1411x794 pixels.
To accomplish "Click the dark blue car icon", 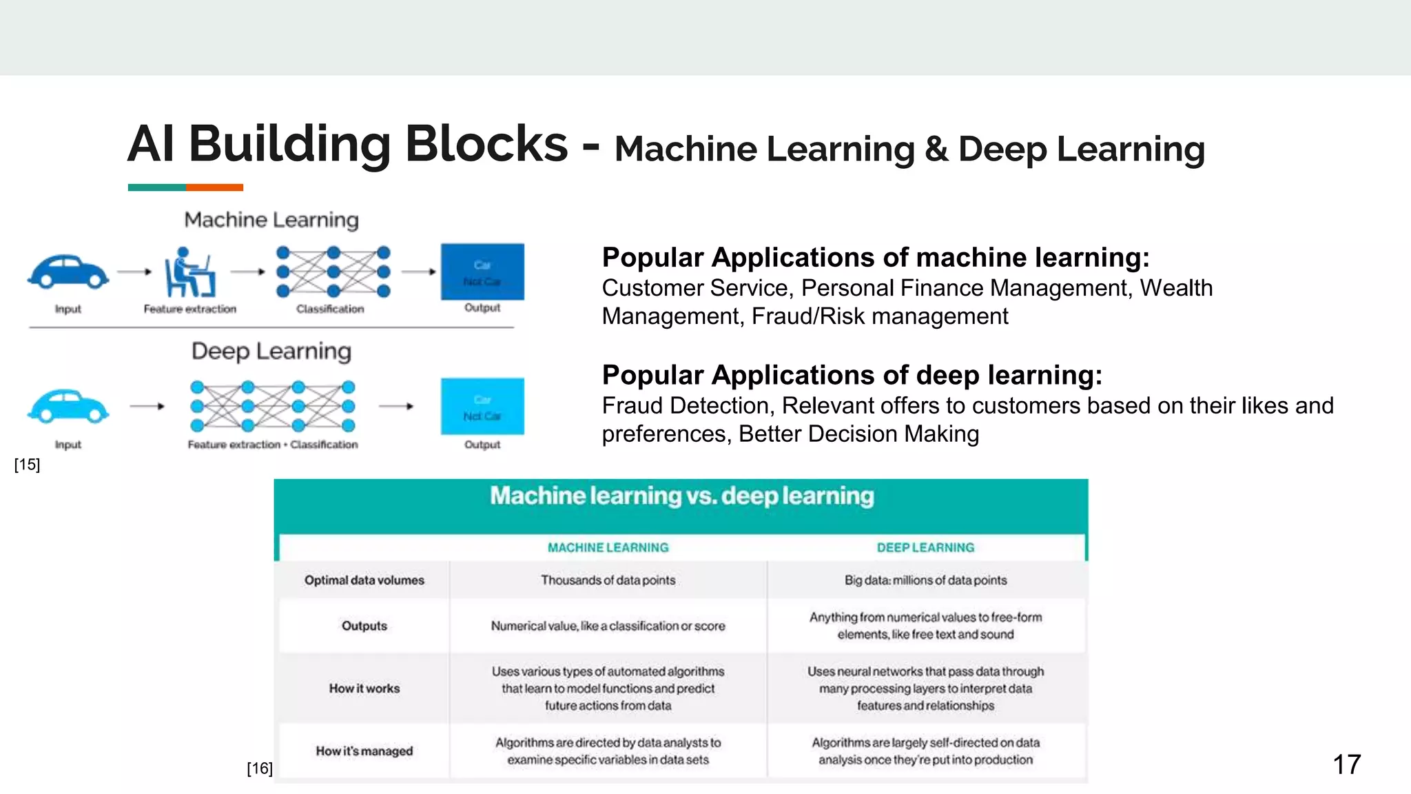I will click(x=68, y=272).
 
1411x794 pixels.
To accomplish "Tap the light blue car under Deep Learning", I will click(x=68, y=406).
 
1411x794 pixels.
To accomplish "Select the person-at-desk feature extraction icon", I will click(x=189, y=273).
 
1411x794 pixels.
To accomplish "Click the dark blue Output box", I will click(x=482, y=272).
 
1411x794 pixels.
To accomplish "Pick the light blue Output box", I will click(x=482, y=407).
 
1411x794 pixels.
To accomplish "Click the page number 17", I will click(x=1346, y=764).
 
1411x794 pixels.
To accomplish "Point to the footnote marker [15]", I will click(x=27, y=465).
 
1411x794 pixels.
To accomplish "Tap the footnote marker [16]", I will click(x=260, y=768).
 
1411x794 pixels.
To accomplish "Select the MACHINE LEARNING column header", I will click(x=608, y=547).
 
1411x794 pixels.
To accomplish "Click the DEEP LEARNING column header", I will click(x=925, y=547).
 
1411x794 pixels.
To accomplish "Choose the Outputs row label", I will click(x=364, y=626).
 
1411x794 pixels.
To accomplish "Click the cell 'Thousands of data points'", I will click(x=608, y=580).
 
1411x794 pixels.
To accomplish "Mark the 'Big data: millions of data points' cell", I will click(x=925, y=580).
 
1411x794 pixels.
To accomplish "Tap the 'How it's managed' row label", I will click(x=364, y=751).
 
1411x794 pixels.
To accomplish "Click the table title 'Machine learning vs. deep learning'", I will click(x=681, y=496).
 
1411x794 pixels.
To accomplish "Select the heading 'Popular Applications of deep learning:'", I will click(x=852, y=375).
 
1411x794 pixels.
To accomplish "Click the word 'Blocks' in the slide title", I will click(x=486, y=145).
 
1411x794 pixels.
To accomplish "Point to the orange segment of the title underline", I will click(x=214, y=187).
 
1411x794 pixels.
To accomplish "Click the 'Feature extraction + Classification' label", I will click(x=273, y=445).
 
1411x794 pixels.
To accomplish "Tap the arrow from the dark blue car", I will click(x=134, y=272).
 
